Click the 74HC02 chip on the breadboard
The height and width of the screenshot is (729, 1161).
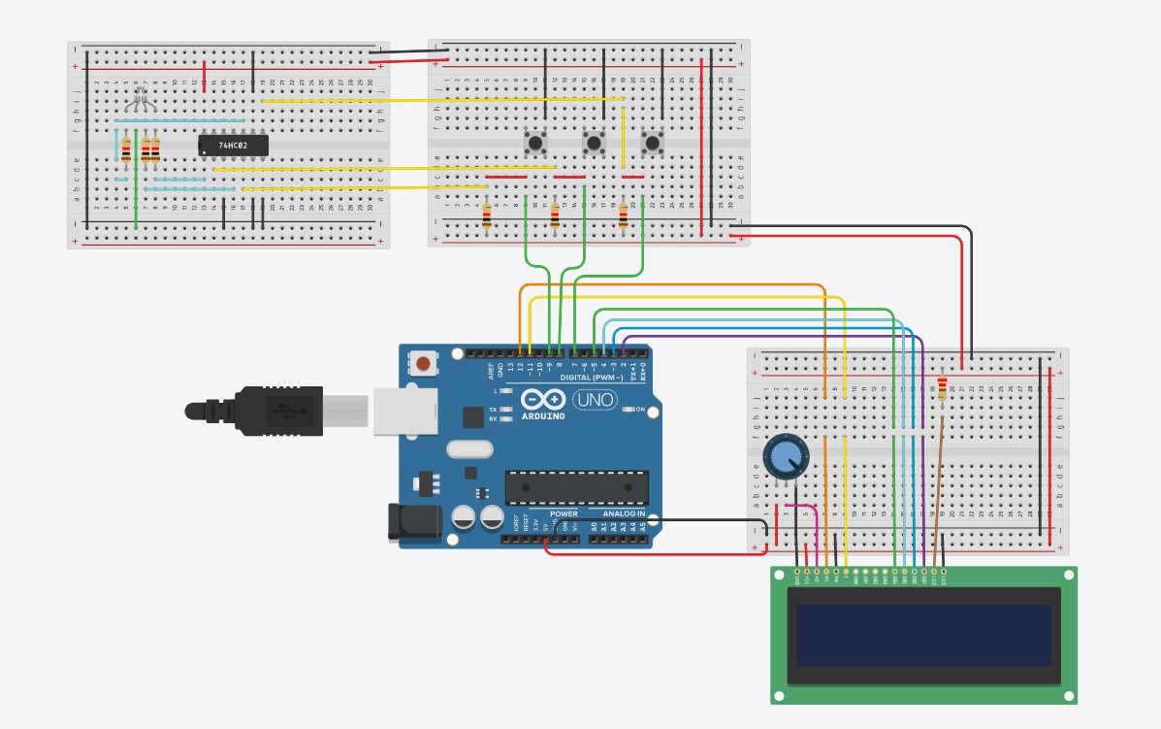click(233, 146)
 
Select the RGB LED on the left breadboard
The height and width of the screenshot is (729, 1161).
click(142, 97)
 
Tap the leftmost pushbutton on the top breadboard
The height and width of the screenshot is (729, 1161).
click(534, 144)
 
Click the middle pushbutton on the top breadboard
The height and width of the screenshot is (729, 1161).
click(594, 144)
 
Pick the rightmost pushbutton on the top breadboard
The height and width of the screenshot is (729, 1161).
click(653, 144)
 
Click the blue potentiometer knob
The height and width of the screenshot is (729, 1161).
click(784, 456)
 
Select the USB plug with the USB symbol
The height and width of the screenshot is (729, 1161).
click(281, 412)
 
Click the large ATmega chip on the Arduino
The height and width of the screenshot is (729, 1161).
click(576, 487)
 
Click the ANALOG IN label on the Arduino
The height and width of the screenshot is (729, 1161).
click(623, 514)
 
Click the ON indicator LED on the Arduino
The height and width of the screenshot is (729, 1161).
click(629, 410)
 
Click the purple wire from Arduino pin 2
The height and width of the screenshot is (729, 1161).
click(776, 337)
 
